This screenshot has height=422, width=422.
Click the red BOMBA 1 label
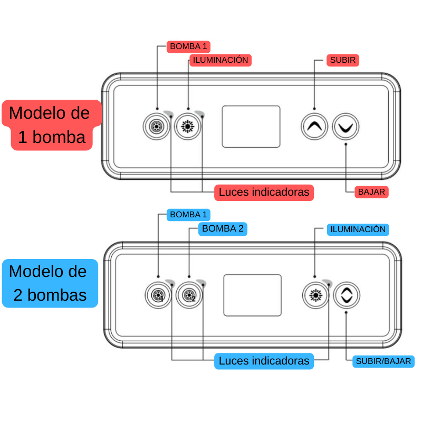pyautogui.click(x=188, y=46)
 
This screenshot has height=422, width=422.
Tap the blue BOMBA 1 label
pyautogui.click(x=188, y=215)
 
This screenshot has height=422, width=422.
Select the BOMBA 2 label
pyautogui.click(x=223, y=228)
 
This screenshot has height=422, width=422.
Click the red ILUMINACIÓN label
pyautogui.click(x=220, y=60)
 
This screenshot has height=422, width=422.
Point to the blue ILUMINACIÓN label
pyautogui.click(x=358, y=229)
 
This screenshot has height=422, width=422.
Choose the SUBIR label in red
pyautogui.click(x=342, y=60)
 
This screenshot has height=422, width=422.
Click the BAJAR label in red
pyautogui.click(x=371, y=191)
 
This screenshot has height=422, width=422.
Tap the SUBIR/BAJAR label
pyautogui.click(x=383, y=361)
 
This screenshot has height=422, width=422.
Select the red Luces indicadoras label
pyautogui.click(x=264, y=192)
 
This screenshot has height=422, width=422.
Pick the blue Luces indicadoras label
pyautogui.click(x=264, y=361)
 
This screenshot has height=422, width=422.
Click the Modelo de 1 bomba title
pyautogui.click(x=51, y=125)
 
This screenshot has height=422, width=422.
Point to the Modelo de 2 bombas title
pyautogui.click(x=50, y=283)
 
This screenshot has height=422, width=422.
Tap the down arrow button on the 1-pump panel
pyautogui.click(x=346, y=127)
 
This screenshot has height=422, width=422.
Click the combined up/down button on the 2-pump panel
pyautogui.click(x=347, y=295)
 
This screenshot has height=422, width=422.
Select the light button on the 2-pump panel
pyautogui.click(x=315, y=295)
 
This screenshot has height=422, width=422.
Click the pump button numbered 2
pyautogui.click(x=188, y=295)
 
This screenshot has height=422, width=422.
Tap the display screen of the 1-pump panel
pyautogui.click(x=251, y=127)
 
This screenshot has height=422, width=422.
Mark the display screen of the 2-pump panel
pyautogui.click(x=252, y=295)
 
